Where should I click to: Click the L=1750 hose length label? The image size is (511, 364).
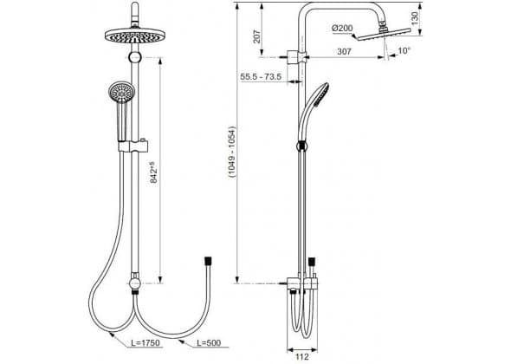click(146, 343)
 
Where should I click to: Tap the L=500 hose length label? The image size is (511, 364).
click(209, 343)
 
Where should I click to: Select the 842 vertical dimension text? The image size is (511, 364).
click(154, 172)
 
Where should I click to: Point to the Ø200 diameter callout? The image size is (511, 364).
click(342, 29)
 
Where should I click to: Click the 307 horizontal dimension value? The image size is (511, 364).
click(344, 51)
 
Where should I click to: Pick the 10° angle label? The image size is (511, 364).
click(404, 50)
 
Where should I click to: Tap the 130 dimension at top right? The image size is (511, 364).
click(415, 18)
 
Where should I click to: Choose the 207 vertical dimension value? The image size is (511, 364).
click(257, 36)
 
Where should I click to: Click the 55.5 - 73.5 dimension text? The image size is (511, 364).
click(261, 76)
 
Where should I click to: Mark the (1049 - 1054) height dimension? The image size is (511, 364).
click(232, 152)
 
